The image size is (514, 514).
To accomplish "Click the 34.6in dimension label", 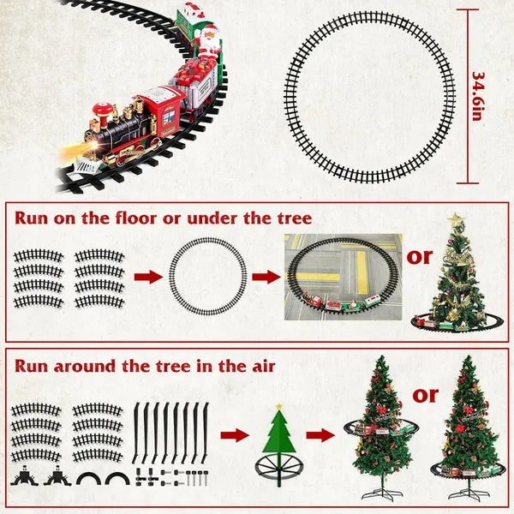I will [x=480, y=96].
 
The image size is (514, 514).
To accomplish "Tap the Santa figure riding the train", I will [x=208, y=39].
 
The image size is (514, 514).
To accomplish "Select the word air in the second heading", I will [x=260, y=366].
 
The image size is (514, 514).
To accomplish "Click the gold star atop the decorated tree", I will [x=456, y=222].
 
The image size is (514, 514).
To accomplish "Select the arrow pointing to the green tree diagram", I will [x=234, y=435].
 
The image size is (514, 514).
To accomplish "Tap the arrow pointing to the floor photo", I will [x=263, y=277].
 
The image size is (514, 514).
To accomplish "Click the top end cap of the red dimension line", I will [x=469, y=10].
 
